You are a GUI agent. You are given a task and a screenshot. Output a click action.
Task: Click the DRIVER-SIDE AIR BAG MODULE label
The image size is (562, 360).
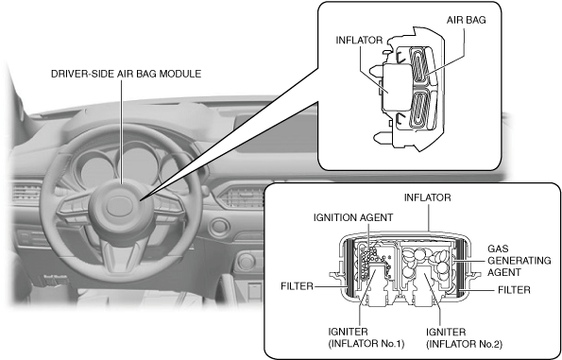pos(126,74)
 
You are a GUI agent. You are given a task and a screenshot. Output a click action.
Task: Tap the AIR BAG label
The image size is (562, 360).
pos(466,20)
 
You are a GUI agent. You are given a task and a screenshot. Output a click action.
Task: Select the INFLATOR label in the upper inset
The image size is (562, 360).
pos(359,41)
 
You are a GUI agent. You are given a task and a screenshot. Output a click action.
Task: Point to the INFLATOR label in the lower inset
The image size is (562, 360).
pos(427,197)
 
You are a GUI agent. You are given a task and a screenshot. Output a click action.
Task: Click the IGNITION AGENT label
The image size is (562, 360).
pos(353,217)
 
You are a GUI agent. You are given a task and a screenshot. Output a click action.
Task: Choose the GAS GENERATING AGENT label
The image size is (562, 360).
pos(519,261)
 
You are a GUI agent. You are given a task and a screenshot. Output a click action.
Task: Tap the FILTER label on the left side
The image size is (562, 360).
pos(297,286)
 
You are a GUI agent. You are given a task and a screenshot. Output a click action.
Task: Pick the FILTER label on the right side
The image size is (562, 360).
pos(514,290)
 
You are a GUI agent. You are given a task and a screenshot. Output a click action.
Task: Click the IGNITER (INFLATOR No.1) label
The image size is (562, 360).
pos(366,337)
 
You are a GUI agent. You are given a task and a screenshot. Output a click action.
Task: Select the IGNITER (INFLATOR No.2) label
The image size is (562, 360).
pos(464,337)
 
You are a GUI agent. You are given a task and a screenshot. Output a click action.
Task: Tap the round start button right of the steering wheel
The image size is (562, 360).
pos(219,228)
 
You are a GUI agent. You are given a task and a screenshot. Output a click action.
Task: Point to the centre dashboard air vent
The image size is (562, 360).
pos(242,197)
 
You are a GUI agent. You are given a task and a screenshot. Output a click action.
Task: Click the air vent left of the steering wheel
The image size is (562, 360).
pos(26,193)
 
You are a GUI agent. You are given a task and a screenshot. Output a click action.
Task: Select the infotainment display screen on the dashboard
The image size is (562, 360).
pos(276,133)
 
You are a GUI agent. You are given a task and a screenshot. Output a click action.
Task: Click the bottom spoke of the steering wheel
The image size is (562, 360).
pos(121,254)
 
